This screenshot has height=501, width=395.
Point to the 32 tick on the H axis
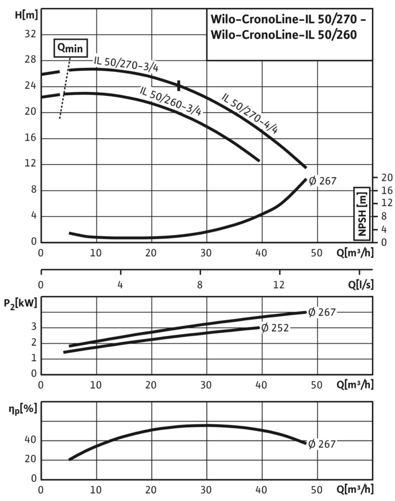click(30, 35)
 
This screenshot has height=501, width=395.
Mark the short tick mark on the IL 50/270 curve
click(179, 85)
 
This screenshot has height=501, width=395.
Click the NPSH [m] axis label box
click(362, 214)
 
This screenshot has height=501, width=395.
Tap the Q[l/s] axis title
click(360, 285)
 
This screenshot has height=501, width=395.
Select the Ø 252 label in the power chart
click(275, 328)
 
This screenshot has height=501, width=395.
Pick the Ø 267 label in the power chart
click(321, 312)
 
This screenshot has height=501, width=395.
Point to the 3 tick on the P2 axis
click(34, 328)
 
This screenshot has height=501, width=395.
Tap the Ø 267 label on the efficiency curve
click(321, 443)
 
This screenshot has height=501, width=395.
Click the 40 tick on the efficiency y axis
click(31, 440)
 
